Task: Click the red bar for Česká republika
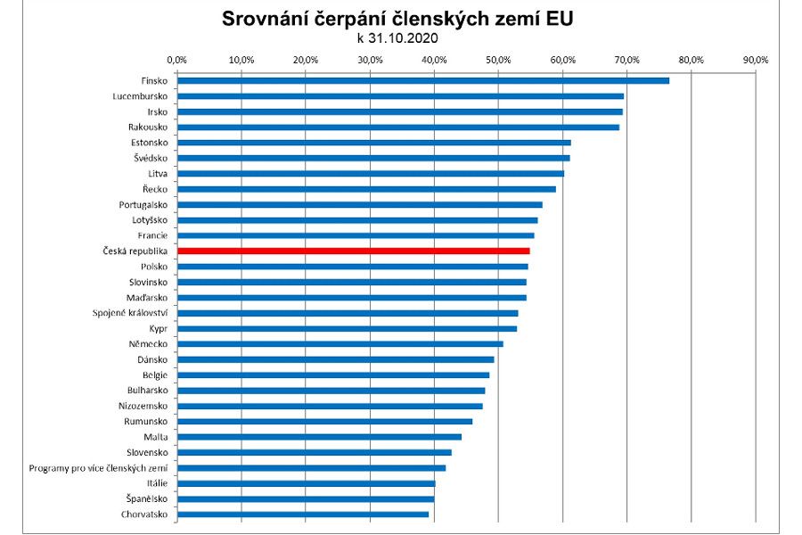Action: (353, 251)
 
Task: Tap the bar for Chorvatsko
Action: (303, 514)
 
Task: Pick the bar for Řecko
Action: (366, 189)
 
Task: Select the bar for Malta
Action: (319, 437)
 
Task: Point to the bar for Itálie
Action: (306, 483)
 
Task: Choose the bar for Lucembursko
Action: (400, 95)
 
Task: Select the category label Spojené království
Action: (130, 313)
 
